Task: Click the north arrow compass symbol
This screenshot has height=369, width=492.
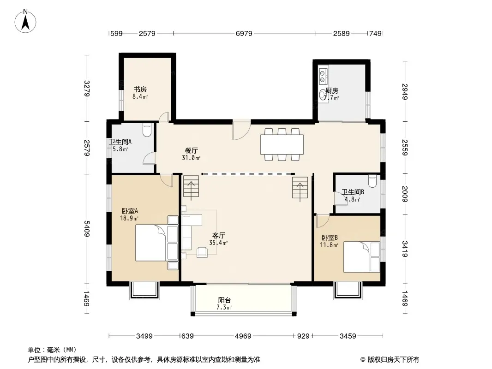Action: pos(25,21)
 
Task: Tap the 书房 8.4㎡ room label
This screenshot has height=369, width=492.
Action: pos(140,93)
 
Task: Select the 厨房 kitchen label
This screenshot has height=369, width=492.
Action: pos(332,90)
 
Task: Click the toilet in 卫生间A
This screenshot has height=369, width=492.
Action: pos(147,130)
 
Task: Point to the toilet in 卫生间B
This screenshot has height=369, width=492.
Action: pos(372,181)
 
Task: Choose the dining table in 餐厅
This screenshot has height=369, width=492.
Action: pos(282,144)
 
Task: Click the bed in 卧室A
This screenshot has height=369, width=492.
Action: pos(156,243)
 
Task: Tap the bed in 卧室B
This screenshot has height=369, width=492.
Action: pos(361,257)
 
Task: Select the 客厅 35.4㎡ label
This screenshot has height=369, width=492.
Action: pos(218,239)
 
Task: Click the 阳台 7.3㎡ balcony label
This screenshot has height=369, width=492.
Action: pos(224,304)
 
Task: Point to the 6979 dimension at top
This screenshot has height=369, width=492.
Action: pos(244,33)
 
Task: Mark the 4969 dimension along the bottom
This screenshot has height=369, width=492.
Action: pos(243,336)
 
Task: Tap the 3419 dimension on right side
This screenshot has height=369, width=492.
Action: pos(405,249)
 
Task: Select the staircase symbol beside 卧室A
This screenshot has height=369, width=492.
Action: pos(191,187)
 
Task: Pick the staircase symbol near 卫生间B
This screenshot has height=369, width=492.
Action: pos(300,189)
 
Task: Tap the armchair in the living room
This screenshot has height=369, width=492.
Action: pos(202,252)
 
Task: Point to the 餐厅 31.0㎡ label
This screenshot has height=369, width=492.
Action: pos(191,154)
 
